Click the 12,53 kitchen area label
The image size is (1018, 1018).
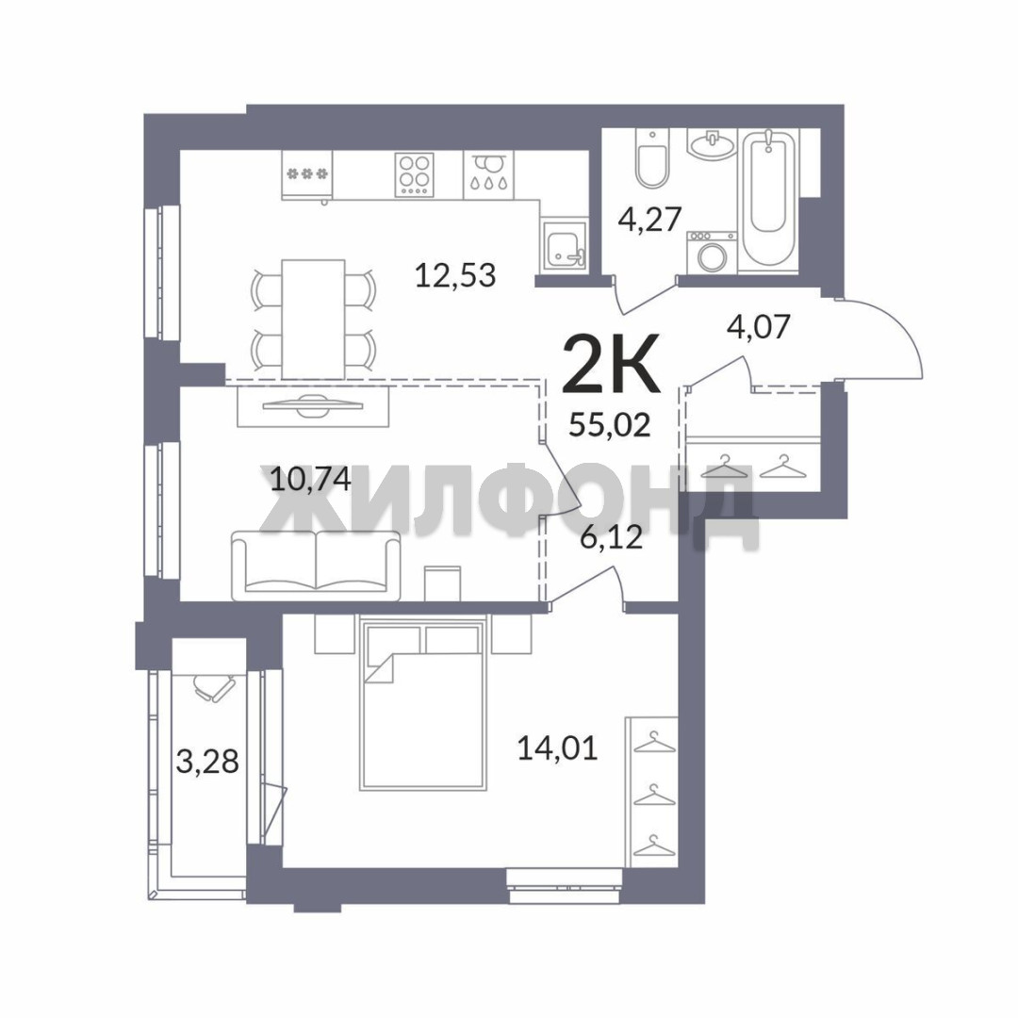click(455, 275)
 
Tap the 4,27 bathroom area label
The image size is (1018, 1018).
click(649, 219)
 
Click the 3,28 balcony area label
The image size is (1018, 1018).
click(207, 761)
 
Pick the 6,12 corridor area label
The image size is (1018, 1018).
click(611, 536)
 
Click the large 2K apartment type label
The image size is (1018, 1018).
click(610, 363)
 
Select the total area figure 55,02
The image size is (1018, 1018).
click(610, 425)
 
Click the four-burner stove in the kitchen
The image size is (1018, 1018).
click(415, 174)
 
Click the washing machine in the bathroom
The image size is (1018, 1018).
click(712, 253)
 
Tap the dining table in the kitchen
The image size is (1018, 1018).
click(313, 319)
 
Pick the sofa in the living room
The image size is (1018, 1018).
click(316, 565)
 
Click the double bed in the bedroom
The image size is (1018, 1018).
click(423, 704)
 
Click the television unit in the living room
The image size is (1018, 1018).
click(313, 406)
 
